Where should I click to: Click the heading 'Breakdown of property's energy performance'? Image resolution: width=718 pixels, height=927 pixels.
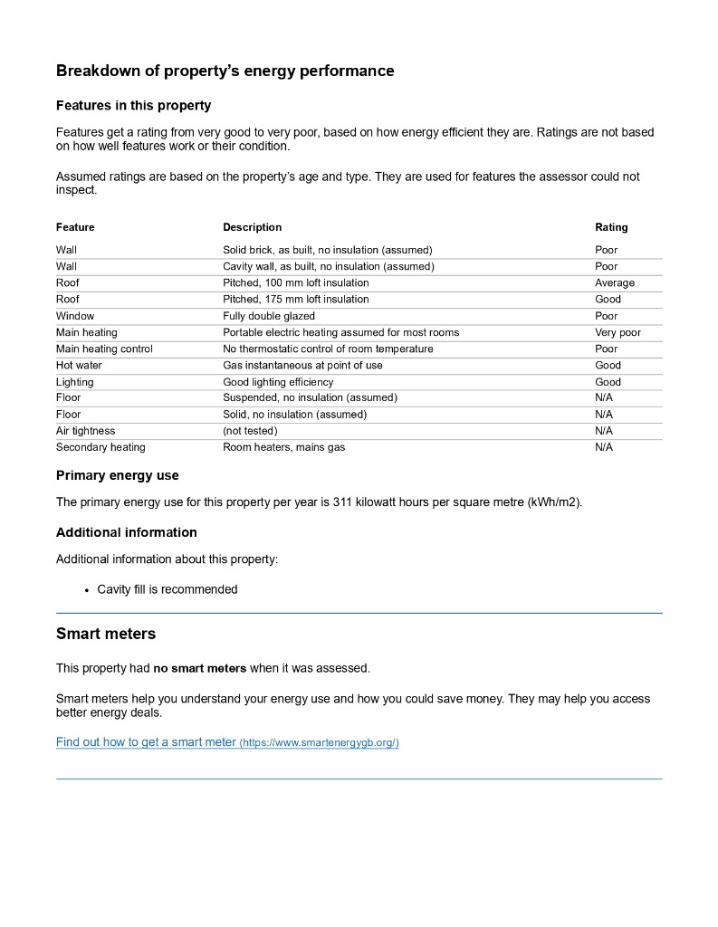[225, 71]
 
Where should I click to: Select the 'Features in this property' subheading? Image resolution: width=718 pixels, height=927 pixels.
[133, 106]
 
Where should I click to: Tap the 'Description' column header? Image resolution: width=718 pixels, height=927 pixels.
[252, 227]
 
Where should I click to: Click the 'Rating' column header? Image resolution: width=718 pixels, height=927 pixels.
[610, 227]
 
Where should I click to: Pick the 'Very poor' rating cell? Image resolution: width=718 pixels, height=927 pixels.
[617, 332]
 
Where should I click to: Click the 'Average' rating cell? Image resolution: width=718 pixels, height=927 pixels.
[614, 282]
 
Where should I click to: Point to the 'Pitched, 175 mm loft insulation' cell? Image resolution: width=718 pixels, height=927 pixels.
[295, 299]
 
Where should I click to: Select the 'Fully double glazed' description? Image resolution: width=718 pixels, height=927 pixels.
[268, 316]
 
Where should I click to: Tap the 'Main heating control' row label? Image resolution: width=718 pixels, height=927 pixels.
[104, 349]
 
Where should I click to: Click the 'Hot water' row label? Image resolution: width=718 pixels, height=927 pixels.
[79, 365]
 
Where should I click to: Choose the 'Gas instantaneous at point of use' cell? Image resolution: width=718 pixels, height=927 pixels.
[302, 365]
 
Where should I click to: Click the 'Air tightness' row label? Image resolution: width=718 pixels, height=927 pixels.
[85, 431]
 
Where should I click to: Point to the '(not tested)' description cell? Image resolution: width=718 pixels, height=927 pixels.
[250, 431]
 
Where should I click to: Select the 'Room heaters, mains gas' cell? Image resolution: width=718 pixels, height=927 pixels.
[283, 447]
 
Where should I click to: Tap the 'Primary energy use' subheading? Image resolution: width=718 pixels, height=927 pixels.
[117, 475]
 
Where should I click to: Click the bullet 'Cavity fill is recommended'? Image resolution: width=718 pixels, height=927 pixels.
[167, 589]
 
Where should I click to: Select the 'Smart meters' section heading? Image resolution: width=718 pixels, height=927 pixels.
[106, 634]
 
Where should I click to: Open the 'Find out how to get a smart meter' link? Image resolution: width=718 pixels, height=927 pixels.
[226, 742]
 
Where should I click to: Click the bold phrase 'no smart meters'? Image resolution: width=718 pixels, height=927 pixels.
[199, 668]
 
